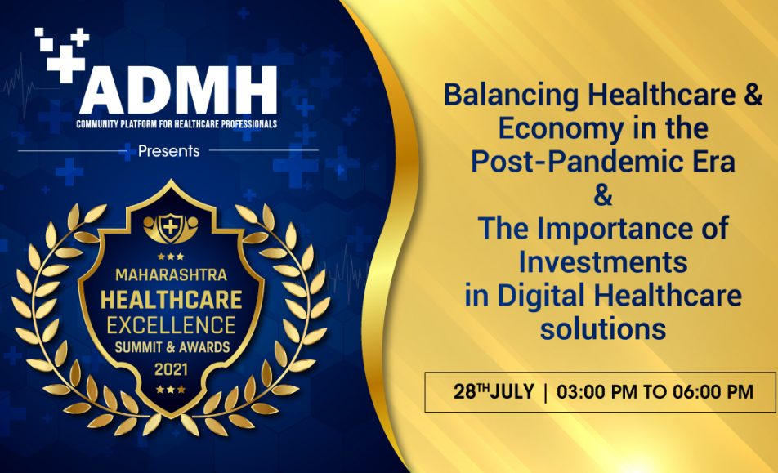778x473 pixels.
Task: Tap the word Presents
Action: [x=168, y=151]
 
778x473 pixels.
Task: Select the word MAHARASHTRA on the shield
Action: [x=171, y=274]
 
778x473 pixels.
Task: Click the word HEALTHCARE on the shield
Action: [x=171, y=300]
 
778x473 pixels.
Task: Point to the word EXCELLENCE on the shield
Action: [x=171, y=325]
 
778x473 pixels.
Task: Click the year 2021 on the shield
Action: [x=171, y=369]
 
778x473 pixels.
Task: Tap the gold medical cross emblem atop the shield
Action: [x=171, y=228]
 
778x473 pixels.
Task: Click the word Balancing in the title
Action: [x=511, y=96]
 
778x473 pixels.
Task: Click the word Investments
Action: [x=603, y=261]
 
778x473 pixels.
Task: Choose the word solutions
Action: [x=603, y=328]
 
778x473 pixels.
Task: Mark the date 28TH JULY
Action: [x=494, y=391]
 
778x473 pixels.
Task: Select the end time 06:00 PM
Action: [x=713, y=392]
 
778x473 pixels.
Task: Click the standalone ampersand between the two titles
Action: [x=603, y=195]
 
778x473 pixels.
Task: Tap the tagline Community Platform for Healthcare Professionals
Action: [x=177, y=124]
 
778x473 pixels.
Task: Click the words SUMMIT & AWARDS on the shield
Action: [x=172, y=347]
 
